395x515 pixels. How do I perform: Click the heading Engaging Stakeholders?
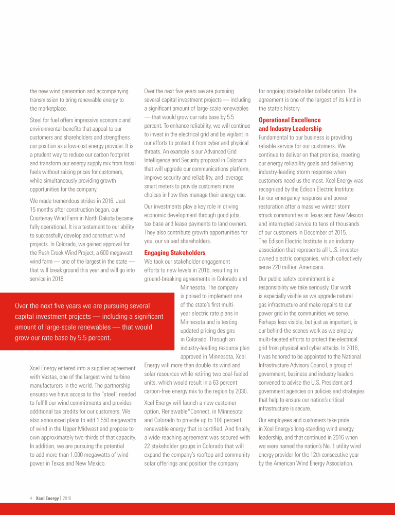[x=175, y=253]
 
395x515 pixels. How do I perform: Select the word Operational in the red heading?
[x=277, y=119]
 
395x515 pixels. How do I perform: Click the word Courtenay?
[x=44, y=218]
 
